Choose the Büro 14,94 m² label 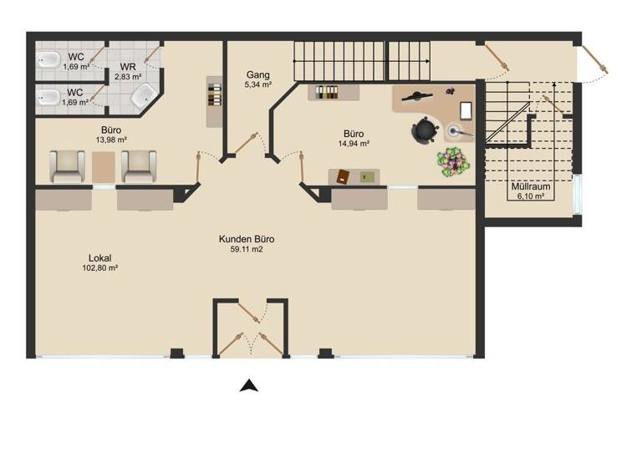tap(353, 138)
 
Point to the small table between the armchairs tap(103, 167)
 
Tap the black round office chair tap(425, 130)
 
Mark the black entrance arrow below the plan tap(247, 385)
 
